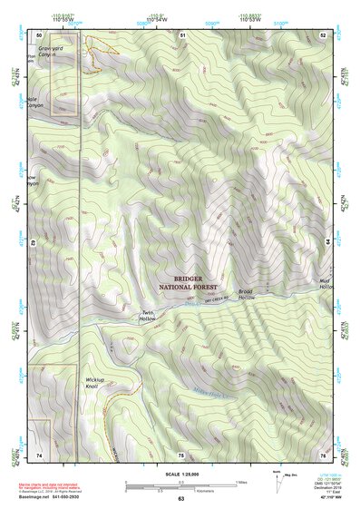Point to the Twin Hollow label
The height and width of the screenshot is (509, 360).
pos(147,315)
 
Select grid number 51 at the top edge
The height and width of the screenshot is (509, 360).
pos(182,34)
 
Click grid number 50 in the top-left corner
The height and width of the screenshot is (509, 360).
pos(39,34)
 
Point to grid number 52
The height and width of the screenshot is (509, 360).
pos(324,34)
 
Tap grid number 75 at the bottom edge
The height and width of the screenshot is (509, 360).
pos(180,454)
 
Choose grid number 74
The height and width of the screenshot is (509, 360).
pos(39,454)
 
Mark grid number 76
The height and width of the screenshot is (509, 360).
pos(323,454)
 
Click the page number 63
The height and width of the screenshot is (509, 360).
pos(180,499)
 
